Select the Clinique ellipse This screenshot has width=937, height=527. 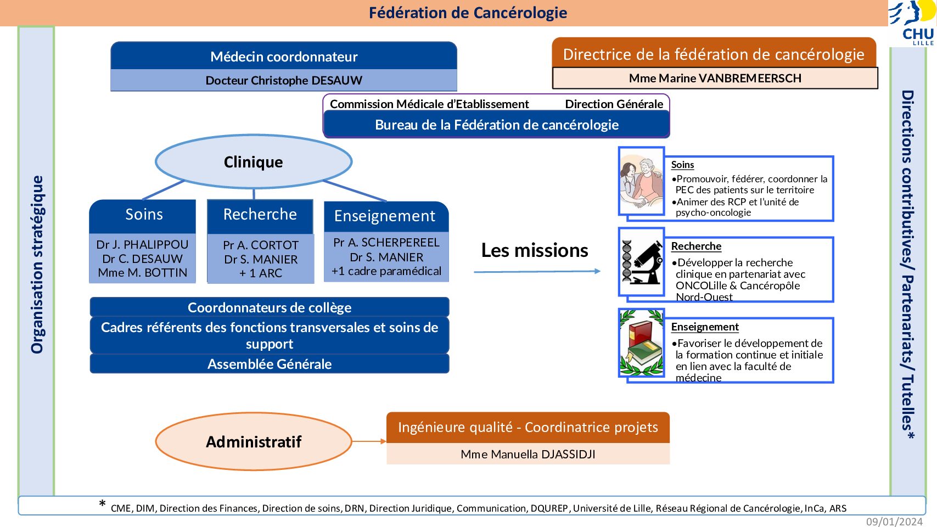pyautogui.click(x=254, y=161)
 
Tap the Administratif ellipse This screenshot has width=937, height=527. pyautogui.click(x=254, y=442)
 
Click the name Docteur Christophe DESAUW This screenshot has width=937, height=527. pyautogui.click(x=284, y=80)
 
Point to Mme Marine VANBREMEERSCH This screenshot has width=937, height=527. pyautogui.click(x=715, y=78)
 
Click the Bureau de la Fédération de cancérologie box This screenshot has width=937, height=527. pyautogui.click(x=497, y=125)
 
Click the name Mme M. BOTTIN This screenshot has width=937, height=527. pyautogui.click(x=143, y=273)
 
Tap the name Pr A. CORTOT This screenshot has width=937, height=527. pyautogui.click(x=261, y=245)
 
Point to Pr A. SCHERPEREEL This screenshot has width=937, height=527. pyautogui.click(x=386, y=243)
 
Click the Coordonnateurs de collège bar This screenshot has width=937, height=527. pyautogui.click(x=270, y=307)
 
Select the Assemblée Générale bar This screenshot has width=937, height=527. pyautogui.click(x=270, y=364)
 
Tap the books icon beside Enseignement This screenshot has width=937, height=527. pyautogui.click(x=642, y=343)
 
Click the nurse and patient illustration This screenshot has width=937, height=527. pyautogui.click(x=642, y=182)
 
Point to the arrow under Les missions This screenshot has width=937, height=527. pyautogui.click(x=537, y=271)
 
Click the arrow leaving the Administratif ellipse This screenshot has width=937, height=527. pyautogui.click(x=369, y=441)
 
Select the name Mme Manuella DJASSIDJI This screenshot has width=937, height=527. pyautogui.click(x=528, y=454)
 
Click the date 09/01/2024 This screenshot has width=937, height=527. pyautogui.click(x=894, y=522)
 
